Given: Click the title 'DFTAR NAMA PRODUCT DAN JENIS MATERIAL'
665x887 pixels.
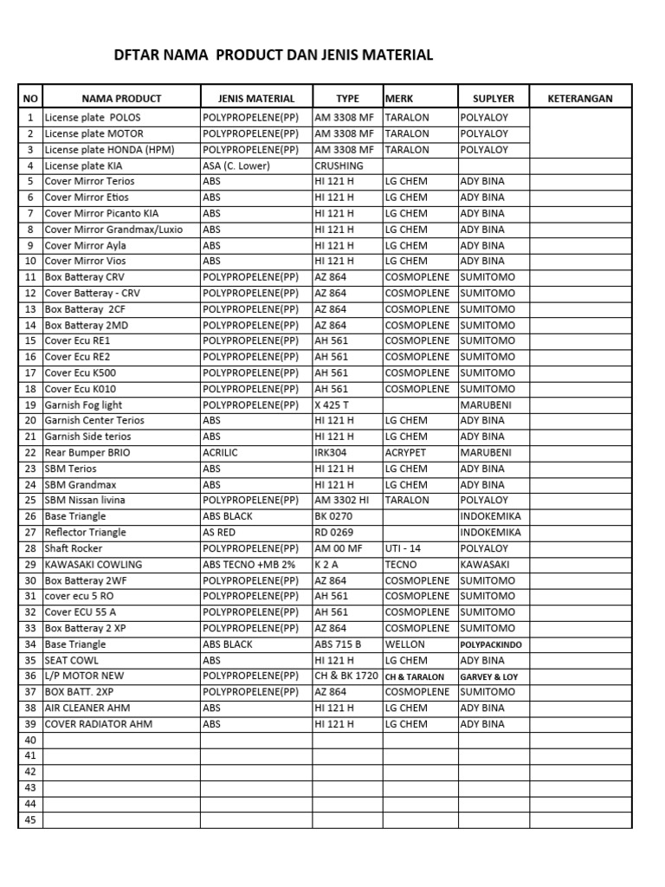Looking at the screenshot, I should point(274,56).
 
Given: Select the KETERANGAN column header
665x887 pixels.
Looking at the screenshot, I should point(580,99).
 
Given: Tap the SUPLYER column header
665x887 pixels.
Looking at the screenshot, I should point(493,99).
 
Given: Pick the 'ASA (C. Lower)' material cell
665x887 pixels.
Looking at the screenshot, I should point(236,165).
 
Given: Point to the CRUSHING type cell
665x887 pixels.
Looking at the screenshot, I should point(339,165).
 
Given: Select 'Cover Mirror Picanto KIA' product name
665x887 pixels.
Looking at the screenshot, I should point(102,213).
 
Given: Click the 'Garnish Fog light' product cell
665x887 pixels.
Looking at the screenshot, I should point(84,405).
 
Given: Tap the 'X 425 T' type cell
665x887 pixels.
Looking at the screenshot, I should point(332,405).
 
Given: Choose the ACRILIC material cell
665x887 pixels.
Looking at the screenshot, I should point(221,452).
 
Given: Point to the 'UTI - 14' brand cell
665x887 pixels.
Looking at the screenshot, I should point(404,548).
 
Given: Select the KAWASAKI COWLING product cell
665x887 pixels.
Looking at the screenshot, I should point(94,564).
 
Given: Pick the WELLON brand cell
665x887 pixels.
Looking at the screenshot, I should point(405,644).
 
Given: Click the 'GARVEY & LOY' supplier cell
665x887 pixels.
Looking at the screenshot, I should point(489,677).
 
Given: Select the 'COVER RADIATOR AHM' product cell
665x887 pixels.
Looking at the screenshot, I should point(99,723).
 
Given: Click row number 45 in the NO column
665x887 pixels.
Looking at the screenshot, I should point(30,819).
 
